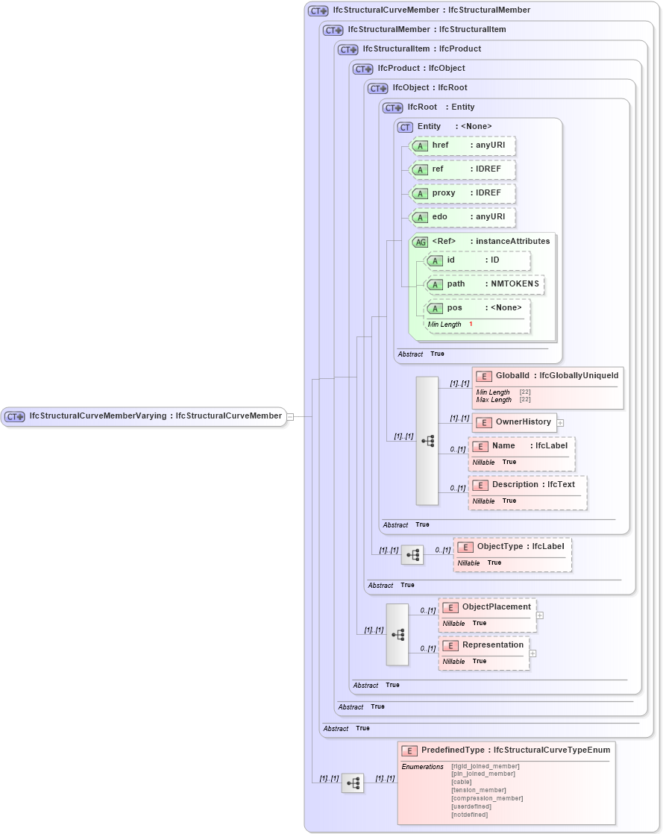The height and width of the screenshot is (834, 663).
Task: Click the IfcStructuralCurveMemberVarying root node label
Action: [154, 416]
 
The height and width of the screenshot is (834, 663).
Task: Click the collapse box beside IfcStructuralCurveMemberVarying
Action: [290, 417]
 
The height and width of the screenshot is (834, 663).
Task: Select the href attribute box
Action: [462, 145]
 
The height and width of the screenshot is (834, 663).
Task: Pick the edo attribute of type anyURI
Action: [462, 217]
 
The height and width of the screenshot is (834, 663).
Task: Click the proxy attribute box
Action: [462, 193]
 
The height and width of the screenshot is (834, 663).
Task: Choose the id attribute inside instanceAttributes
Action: [477, 260]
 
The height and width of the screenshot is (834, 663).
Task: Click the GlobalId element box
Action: [547, 376]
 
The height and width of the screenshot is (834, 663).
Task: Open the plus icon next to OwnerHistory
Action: [561, 423]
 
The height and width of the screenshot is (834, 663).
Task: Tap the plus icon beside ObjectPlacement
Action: [540, 615]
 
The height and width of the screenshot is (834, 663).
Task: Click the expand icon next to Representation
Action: [532, 653]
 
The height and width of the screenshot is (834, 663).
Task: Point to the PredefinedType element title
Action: [515, 750]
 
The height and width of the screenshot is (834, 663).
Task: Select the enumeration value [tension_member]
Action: [478, 790]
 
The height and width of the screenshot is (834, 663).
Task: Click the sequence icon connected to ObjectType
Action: [412, 555]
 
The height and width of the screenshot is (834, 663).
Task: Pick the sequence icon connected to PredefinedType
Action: [353, 783]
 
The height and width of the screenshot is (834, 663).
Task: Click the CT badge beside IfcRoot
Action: [393, 107]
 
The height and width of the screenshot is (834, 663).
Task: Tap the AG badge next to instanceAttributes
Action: [420, 242]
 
